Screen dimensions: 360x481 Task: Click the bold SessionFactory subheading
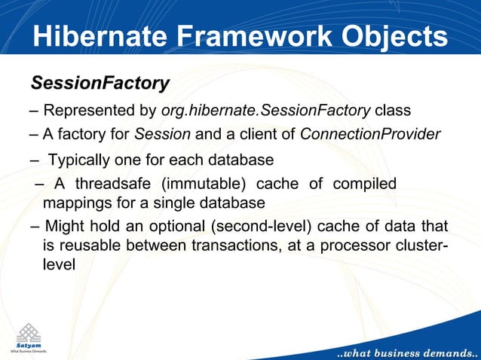[99, 81]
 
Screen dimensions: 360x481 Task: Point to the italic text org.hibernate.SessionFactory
[265, 111]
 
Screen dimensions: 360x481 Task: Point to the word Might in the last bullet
[65, 227]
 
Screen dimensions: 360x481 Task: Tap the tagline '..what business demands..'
[405, 351]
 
